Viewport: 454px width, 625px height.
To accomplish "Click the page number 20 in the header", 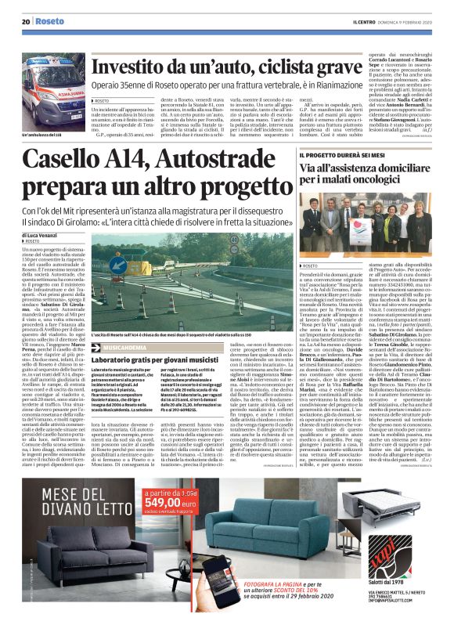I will pyautogui.click(x=26, y=23).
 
